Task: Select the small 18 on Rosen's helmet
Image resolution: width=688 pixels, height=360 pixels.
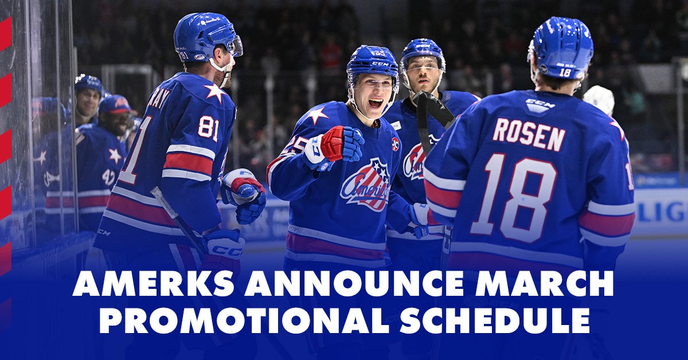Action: pos(565,72)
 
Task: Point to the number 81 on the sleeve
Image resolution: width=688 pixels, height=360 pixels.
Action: pos(209,127)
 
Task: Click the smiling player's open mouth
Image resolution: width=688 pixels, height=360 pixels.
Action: pos(376,103)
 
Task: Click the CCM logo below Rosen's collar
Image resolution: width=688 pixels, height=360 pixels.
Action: pos(540,105)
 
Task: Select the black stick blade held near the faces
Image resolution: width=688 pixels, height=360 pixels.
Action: pos(433,109)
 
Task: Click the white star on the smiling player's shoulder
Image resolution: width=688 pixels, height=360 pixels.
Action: pos(317,115)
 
